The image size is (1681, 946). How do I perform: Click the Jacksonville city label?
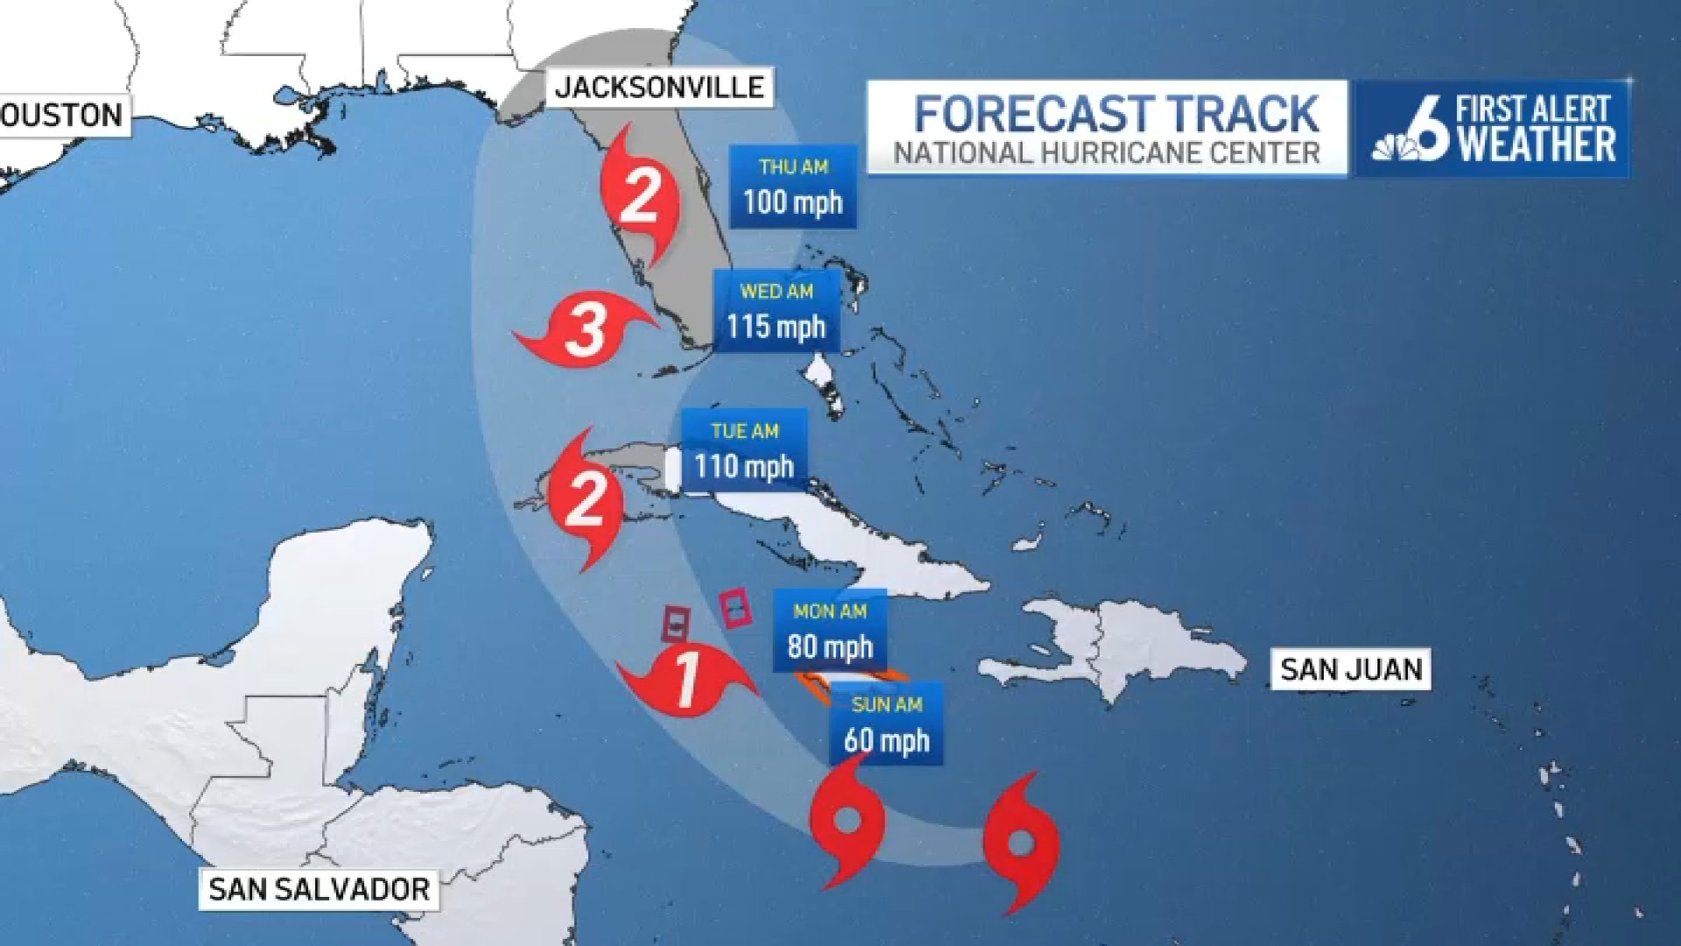tap(659, 87)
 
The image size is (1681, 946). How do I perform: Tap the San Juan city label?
tap(1350, 669)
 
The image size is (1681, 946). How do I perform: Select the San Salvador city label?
tap(319, 889)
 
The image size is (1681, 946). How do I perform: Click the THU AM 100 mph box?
tap(793, 187)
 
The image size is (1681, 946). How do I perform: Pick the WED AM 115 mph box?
tap(777, 311)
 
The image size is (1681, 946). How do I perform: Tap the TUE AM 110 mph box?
tap(744, 450)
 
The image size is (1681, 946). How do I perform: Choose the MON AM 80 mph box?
tap(830, 631)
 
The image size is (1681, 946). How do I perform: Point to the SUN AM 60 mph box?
tap(886, 724)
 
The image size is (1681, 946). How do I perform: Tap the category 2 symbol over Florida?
tap(640, 196)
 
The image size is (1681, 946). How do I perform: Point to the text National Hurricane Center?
tap(1106, 153)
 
